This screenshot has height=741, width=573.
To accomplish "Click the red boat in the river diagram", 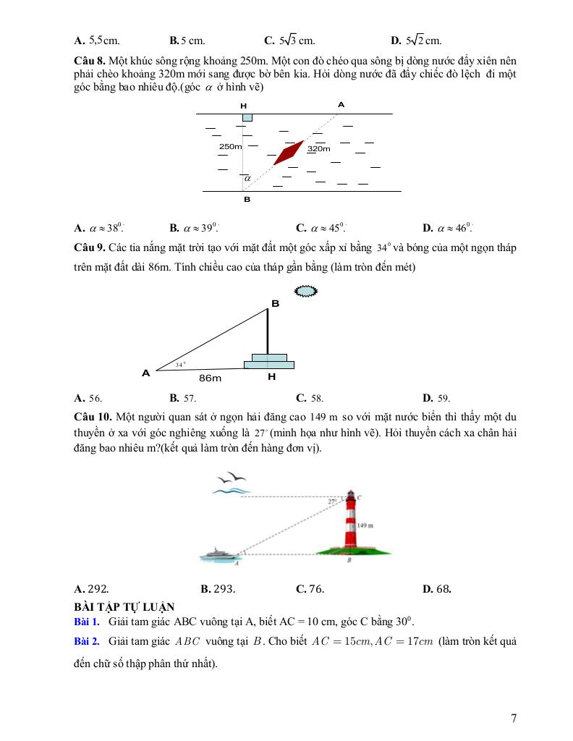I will coord(289,152).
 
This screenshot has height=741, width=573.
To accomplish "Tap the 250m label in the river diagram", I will coord(230,147).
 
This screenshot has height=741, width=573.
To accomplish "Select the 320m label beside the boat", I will coord(319,149).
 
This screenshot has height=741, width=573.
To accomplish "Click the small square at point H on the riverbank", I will coord(247,117).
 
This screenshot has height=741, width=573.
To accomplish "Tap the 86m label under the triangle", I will coord(210,378).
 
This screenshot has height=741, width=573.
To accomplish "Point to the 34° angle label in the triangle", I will coord(181,365).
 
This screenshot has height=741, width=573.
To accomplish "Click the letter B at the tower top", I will coord(275,303).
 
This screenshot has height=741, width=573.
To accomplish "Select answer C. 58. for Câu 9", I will coord(310,397).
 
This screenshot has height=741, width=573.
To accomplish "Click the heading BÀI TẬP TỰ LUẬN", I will coord(124,606).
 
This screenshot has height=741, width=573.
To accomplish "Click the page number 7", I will coord(513,718).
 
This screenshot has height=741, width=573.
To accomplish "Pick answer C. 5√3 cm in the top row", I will coord(289,41).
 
